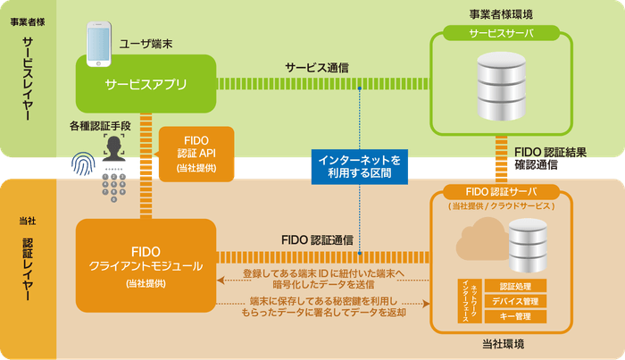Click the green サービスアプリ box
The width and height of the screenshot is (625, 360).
[x=146, y=85]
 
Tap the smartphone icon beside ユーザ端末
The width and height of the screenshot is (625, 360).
[x=97, y=45]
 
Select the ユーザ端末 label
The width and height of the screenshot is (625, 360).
[x=145, y=43]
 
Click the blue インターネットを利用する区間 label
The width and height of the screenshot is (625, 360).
[x=360, y=166]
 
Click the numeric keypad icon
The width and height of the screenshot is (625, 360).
[x=114, y=184]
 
